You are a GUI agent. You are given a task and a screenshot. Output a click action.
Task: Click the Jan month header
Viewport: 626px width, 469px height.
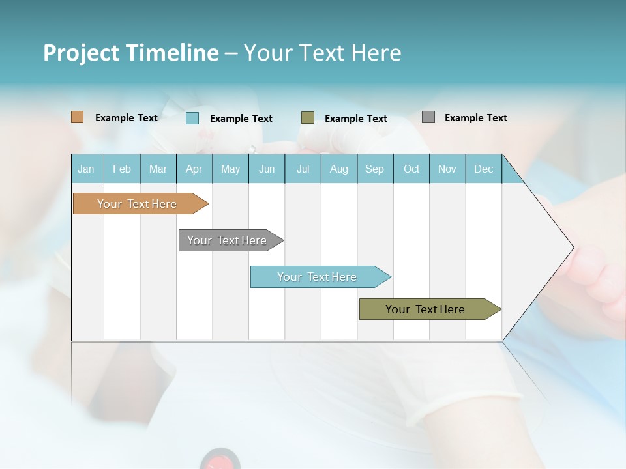[x=86, y=169]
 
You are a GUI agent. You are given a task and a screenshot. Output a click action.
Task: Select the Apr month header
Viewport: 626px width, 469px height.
[x=194, y=169]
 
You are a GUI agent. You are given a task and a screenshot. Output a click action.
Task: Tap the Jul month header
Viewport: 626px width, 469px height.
[x=303, y=169]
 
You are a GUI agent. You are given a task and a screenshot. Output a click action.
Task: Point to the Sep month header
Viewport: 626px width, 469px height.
[x=374, y=169]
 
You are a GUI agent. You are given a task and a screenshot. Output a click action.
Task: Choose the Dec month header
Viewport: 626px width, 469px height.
[x=483, y=169]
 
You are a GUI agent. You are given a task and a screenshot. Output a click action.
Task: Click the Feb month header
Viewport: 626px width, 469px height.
[x=122, y=169]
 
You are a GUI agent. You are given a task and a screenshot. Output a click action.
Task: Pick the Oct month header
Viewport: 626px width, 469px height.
[x=411, y=169]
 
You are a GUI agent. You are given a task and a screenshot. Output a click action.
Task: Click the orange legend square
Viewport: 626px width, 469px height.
[x=77, y=117]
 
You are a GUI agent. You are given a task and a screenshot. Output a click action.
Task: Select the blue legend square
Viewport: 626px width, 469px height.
[x=192, y=118]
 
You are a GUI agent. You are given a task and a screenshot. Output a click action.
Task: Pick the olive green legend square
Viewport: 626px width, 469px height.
[x=308, y=118]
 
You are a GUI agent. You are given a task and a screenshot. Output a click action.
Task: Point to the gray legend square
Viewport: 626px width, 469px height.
[x=428, y=117]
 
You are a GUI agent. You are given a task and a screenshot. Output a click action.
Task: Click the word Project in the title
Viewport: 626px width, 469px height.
[x=81, y=53]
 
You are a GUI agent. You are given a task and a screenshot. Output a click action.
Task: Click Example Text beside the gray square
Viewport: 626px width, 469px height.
[x=475, y=118]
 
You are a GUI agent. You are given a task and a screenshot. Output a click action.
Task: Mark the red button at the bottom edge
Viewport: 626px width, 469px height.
[x=220, y=461]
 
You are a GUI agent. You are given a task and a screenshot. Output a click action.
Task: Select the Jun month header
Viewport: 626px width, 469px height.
[x=267, y=169]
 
